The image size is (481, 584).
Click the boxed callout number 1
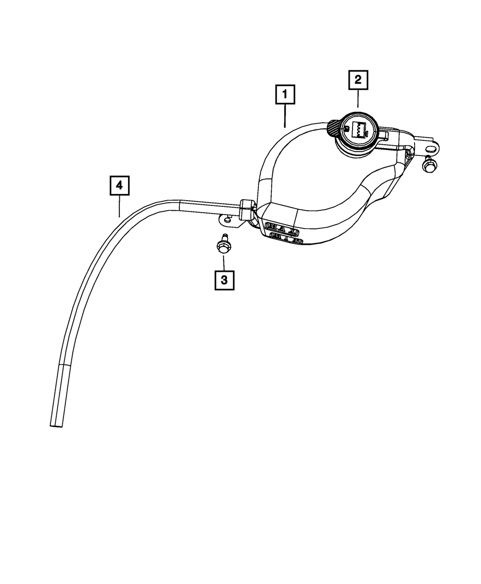pyautogui.click(x=285, y=95)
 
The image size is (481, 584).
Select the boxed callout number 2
pyautogui.click(x=358, y=81)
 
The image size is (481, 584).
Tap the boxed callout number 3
pyautogui.click(x=224, y=280)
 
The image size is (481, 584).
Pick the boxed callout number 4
pyautogui.click(x=120, y=186)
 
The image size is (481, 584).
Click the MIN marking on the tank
pyautogui.click(x=285, y=237)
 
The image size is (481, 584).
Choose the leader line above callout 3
pyautogui.click(x=224, y=263)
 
